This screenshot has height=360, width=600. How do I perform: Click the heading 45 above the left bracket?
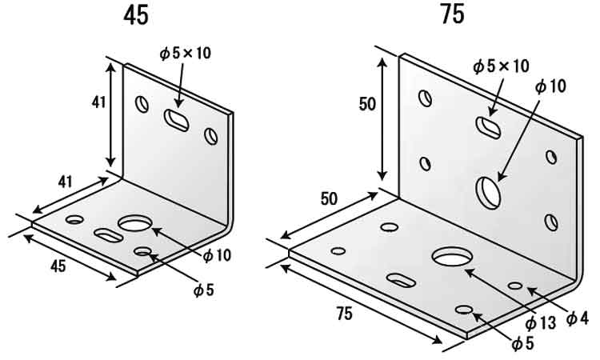click(136, 16)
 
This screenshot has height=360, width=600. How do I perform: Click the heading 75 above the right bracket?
click(453, 14)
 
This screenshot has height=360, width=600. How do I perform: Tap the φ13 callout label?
click(540, 323)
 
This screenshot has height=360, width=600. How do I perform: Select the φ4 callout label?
click(577, 318)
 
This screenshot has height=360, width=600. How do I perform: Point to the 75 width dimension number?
click(344, 314)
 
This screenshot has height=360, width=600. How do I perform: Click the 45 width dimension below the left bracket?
click(58, 266)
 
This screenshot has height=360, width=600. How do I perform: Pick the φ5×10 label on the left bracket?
click(186, 53)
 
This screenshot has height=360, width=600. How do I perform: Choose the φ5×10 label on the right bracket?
click(501, 66)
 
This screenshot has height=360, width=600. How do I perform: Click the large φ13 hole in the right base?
click(451, 256)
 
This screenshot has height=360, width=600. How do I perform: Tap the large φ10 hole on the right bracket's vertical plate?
click(488, 193)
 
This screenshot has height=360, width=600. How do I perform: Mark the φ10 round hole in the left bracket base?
click(135, 223)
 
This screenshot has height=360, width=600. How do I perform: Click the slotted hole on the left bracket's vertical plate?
click(177, 120)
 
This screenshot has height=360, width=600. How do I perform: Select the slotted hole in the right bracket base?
click(401, 280)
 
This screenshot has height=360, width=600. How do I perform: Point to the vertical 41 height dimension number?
click(98, 102)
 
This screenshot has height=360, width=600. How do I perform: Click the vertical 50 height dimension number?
click(367, 104)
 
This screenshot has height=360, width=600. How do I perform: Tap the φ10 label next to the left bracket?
click(217, 255)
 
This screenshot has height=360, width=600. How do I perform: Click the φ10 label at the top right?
click(550, 87)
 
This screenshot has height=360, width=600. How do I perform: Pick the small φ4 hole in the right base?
click(515, 286)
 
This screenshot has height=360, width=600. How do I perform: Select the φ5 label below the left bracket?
click(203, 290)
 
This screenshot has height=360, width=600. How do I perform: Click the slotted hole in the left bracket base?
click(109, 235)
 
